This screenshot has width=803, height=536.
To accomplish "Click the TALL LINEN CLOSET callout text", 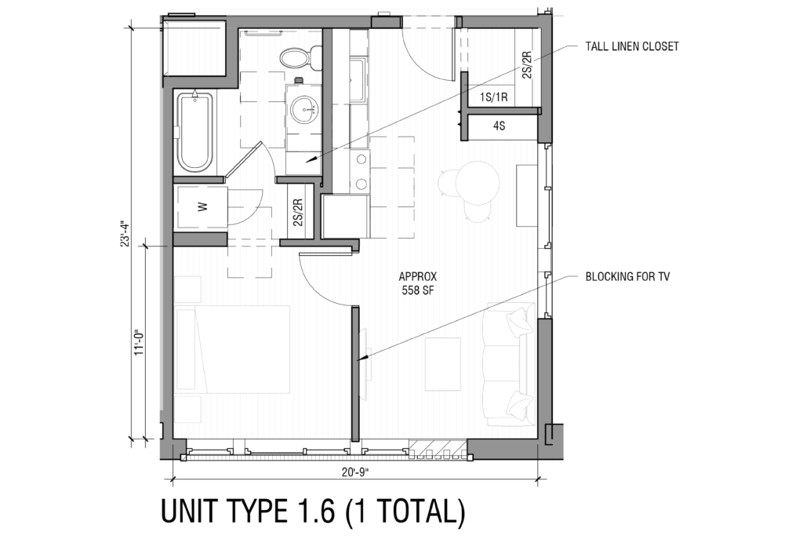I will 632,46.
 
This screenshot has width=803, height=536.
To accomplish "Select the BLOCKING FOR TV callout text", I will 627,277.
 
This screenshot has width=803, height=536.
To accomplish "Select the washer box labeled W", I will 201,208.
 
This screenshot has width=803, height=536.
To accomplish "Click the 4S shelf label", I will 499,126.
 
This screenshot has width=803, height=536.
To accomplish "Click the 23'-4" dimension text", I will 123,233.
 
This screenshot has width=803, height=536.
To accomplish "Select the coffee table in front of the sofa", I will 442,363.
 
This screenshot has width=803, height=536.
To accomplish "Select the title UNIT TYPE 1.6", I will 313,512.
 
